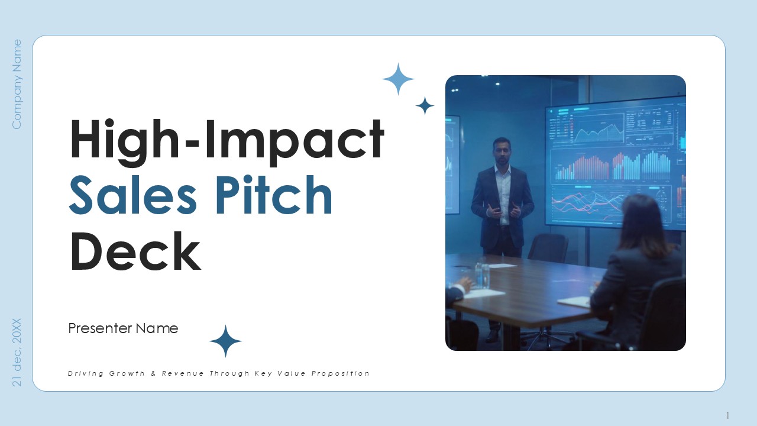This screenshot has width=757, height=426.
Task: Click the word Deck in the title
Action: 135,252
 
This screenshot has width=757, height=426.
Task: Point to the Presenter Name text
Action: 123,328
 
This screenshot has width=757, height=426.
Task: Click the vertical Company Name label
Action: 17,84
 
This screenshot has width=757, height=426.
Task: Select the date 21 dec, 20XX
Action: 17,352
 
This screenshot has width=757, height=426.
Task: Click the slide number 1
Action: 727,415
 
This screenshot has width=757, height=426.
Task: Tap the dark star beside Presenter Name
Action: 225,341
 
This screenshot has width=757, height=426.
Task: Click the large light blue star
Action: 398,79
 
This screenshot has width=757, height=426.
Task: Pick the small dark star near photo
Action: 425,106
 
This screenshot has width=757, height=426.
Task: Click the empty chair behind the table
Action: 548,248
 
